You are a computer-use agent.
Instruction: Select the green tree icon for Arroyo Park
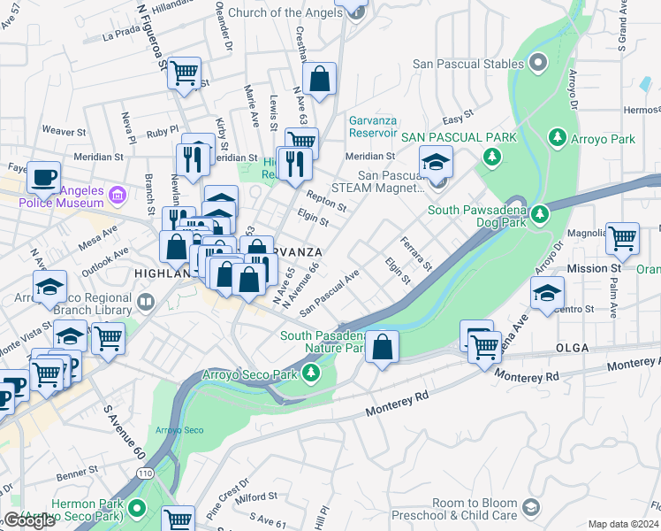click(558, 138)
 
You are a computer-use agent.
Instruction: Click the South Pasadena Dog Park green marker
click(540, 213)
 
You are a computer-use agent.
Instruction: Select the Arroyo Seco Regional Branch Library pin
click(145, 302)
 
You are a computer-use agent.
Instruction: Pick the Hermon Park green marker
click(137, 508)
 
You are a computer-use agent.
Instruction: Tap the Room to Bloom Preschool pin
click(531, 507)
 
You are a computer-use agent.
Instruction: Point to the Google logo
click(29, 520)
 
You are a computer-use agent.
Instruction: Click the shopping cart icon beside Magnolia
click(622, 238)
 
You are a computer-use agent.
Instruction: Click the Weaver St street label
click(63, 131)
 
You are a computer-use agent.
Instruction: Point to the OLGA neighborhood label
click(572, 349)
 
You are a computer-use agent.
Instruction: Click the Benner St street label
click(77, 475)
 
